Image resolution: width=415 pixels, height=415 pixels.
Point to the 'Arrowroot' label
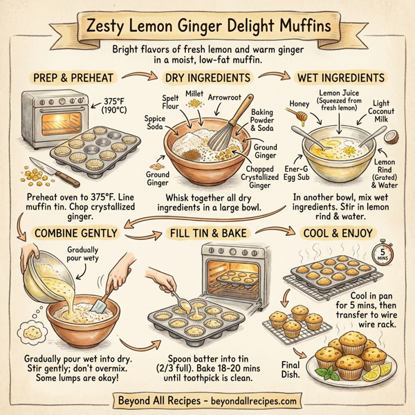point(224,98)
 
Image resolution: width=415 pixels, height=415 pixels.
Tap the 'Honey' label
point(299,104)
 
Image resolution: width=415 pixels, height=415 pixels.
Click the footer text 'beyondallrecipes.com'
point(252,400)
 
